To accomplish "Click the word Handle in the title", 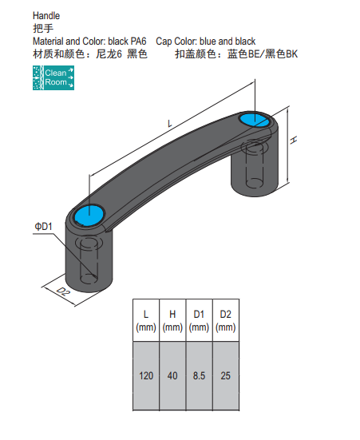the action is click(x=46, y=16).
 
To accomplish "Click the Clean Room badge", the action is click(x=53, y=77).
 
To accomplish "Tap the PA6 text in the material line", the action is click(x=138, y=42).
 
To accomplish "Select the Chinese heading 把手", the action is click(x=43, y=28).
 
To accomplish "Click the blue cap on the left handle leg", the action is click(x=89, y=216).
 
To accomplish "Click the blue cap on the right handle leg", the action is click(x=254, y=120).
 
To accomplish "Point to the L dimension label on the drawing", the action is click(x=169, y=123).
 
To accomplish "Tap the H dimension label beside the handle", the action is click(x=293, y=140).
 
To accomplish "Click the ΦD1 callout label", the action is click(x=43, y=227).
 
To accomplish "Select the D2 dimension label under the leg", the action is click(x=63, y=291).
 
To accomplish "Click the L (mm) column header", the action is click(x=146, y=320).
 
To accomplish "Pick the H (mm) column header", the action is click(x=172, y=320).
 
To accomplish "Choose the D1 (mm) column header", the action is click(x=199, y=320).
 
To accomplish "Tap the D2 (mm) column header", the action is click(x=226, y=320).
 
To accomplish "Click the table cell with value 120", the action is click(x=146, y=376).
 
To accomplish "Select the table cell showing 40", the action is click(x=172, y=376).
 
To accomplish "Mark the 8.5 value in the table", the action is click(x=199, y=376).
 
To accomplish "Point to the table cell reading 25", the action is click(x=226, y=376).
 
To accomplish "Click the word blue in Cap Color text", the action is click(x=208, y=42).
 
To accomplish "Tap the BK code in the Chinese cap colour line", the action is click(x=292, y=54).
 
